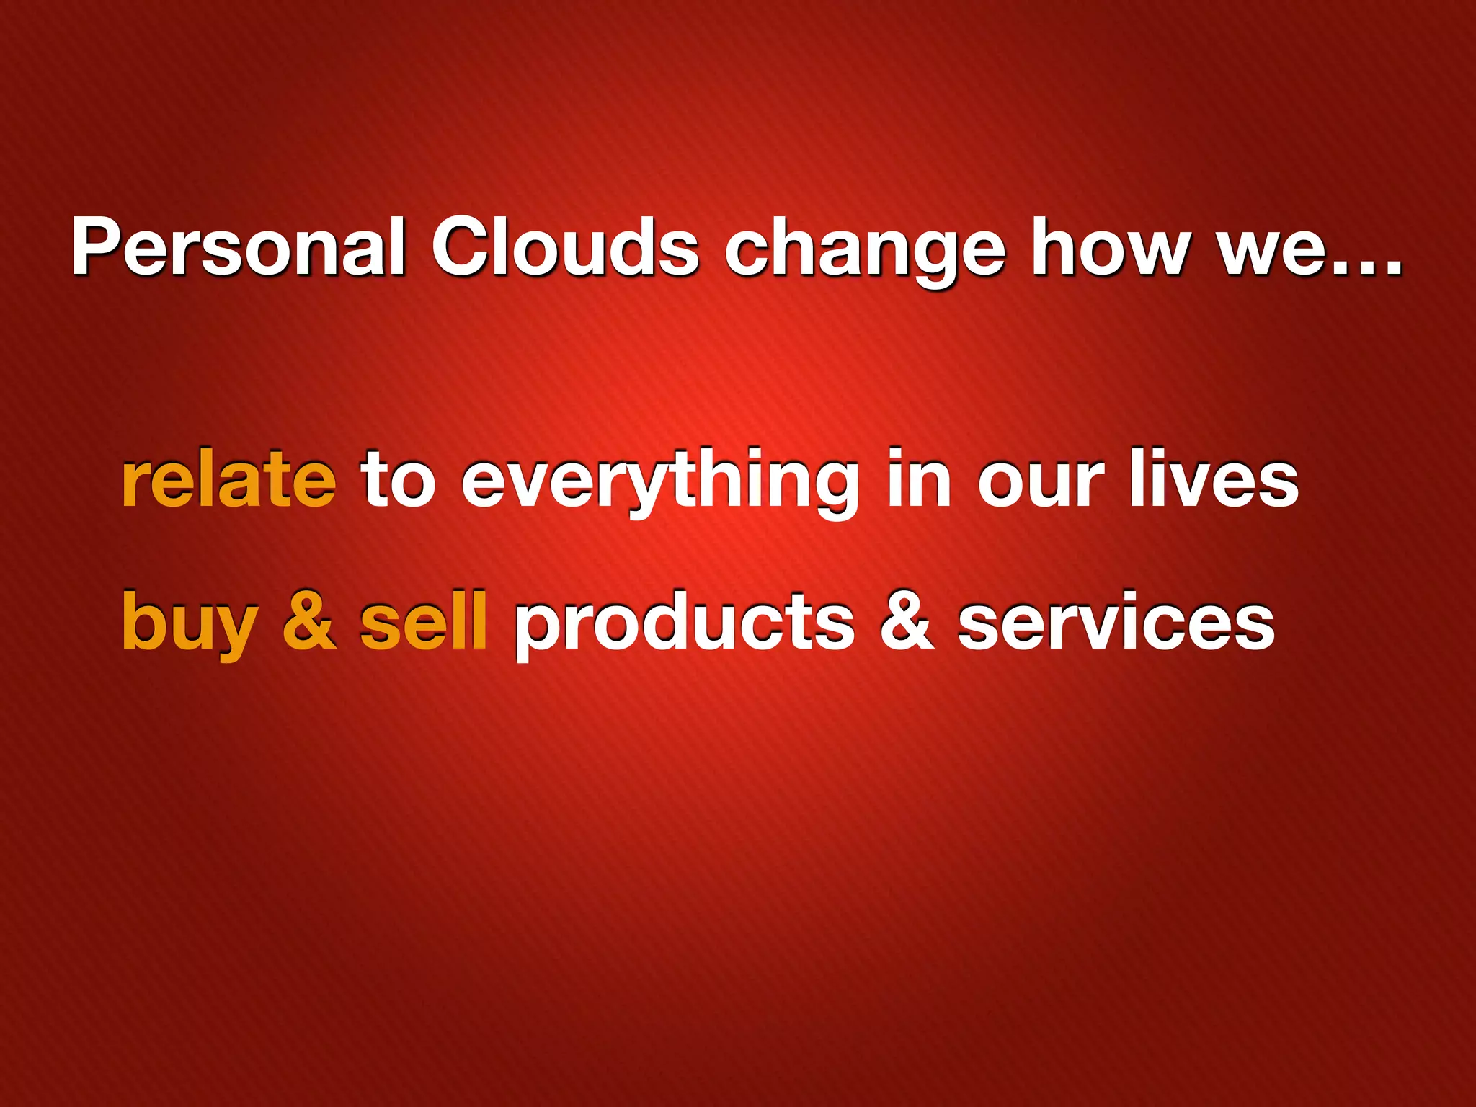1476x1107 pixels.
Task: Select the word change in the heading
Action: [864, 252]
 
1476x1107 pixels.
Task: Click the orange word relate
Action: [228, 479]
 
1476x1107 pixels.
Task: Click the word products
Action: [684, 624]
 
